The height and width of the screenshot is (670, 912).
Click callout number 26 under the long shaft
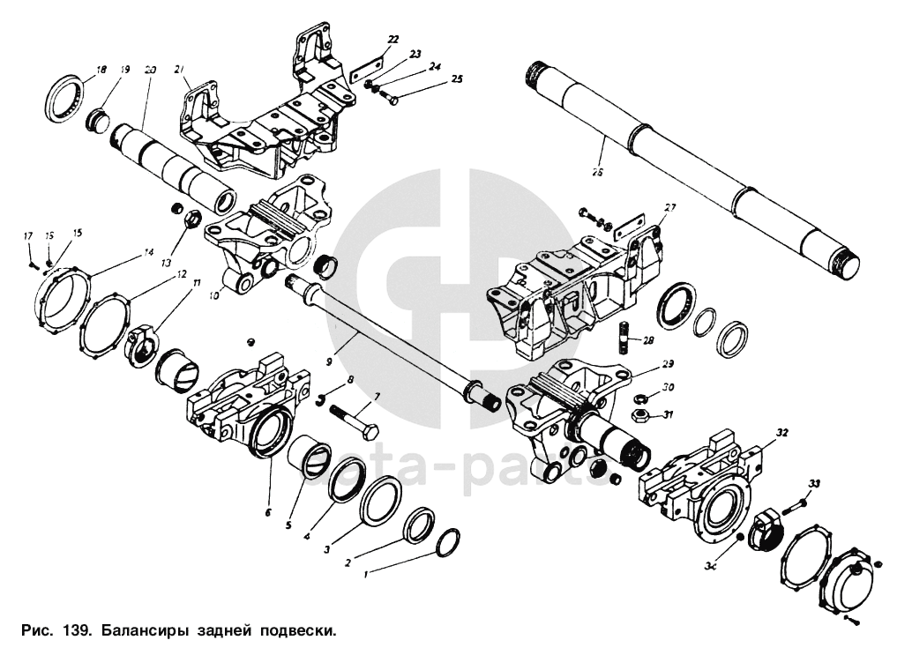click(597, 173)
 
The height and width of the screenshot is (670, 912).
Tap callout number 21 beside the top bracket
click(179, 69)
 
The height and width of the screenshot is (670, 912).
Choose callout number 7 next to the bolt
click(377, 398)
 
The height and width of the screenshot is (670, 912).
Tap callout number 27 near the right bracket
click(670, 208)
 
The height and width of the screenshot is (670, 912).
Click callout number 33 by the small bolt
click(814, 483)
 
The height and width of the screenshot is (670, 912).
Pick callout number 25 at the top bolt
click(456, 78)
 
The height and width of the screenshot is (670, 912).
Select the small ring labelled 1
click(448, 543)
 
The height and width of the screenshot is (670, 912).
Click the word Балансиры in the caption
click(140, 631)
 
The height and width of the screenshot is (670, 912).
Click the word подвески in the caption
click(294, 631)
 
